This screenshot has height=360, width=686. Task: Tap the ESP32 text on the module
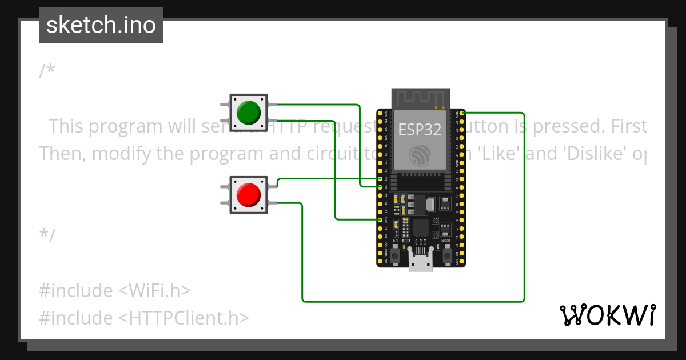coord(420,130)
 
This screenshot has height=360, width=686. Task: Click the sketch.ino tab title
coord(101,25)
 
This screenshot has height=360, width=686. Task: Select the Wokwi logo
coord(607,315)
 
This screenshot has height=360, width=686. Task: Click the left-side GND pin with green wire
coord(380,219)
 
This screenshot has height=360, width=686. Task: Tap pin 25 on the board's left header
coord(380,179)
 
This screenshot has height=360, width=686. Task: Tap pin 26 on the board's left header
coord(380,187)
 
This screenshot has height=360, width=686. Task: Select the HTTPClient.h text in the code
coord(184,318)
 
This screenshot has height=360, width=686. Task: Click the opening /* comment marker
coord(47,71)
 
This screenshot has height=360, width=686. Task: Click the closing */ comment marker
coord(47,235)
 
